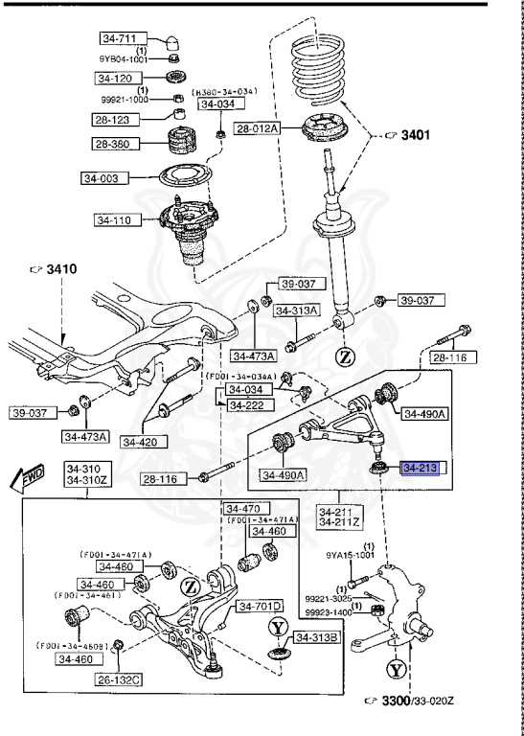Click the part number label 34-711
coord(120,39)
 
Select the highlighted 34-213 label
coord(420,469)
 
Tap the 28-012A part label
coord(257,127)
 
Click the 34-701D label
coord(260,606)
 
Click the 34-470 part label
coord(242,508)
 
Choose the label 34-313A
coord(295,310)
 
